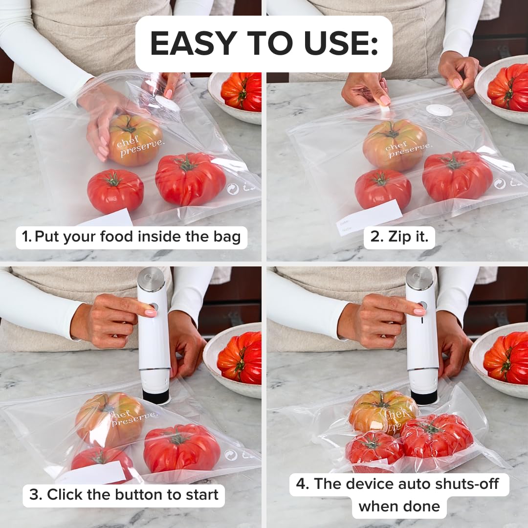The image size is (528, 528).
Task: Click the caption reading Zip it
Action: (399, 237)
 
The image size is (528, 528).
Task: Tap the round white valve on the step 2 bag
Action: (439, 110)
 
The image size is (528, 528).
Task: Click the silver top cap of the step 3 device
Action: (151, 279)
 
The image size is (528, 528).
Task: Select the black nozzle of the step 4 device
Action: (423, 396)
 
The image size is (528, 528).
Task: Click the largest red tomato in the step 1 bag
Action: (190, 178)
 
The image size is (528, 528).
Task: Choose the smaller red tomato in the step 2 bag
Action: (383, 189)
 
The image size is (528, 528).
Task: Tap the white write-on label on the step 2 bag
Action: (370, 217)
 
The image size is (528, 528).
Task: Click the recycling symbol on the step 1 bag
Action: (233, 189)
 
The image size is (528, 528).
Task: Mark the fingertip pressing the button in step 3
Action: (151, 312)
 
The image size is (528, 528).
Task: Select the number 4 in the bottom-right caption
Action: (303, 484)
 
